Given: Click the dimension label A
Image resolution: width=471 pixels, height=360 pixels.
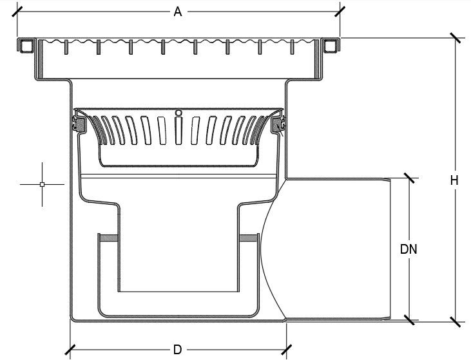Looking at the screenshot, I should coord(177,12).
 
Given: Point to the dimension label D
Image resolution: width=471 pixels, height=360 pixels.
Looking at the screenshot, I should coord(177,350).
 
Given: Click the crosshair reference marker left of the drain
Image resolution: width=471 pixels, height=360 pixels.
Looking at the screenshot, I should coord(43,184).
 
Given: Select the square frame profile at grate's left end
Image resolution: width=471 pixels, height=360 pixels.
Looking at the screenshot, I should coord(26,46).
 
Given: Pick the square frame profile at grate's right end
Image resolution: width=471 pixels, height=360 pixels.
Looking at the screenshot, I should coord(330,46).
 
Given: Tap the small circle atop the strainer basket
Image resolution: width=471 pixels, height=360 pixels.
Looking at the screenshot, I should coord(178,113).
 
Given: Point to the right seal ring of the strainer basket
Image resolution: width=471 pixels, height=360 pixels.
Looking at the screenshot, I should coord(278,124).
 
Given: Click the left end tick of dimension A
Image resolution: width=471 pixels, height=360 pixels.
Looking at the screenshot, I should coord(17,12).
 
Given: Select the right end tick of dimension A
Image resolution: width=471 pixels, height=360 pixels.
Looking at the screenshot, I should coord(340,12).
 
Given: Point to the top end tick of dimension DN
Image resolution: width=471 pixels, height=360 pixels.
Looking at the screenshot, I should coord(408,177).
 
